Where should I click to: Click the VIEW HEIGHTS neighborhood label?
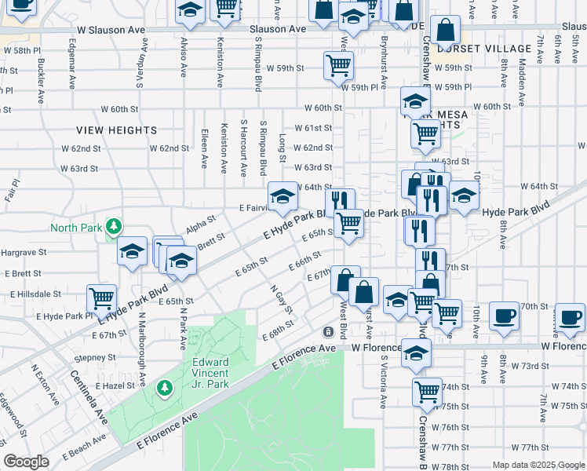tap(117, 130)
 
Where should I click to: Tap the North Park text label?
tap(76, 228)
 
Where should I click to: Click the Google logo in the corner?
tap(26, 462)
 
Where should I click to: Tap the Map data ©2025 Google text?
tap(538, 465)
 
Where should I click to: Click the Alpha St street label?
tap(200, 226)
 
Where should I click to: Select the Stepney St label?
tap(95, 357)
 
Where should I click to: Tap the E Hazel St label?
tap(115, 386)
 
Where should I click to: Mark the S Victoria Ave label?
tap(384, 382)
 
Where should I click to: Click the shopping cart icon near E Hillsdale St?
tap(102, 298)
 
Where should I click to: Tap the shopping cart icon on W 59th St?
tap(338, 65)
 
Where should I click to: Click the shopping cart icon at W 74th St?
tap(427, 391)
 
